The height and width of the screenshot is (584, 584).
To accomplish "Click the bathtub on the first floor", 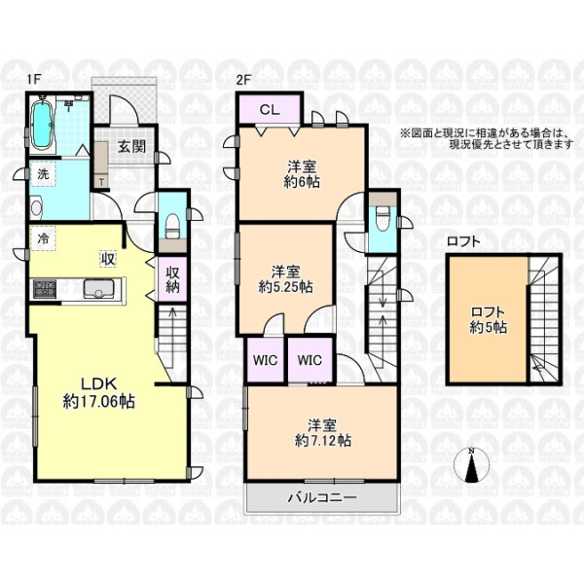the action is pos(42,125).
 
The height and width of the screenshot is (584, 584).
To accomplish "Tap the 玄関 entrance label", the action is pos(131,146).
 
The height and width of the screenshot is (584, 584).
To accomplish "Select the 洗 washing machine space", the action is pos(43,174).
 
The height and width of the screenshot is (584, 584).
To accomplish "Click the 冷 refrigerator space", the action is pos(43,238).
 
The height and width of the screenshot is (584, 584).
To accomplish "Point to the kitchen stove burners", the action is pos(45,288).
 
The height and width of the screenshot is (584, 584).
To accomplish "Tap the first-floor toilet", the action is pos(172,226).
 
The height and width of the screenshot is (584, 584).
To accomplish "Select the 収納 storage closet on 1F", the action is pos(172,279).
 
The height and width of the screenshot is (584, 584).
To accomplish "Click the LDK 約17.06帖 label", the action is pos(99,392).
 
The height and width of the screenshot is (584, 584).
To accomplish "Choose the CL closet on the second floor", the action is pos(270,109).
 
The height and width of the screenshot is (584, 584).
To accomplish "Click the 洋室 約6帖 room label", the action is pos(302,174).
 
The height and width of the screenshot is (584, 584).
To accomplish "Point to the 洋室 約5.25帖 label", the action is pos(285,279).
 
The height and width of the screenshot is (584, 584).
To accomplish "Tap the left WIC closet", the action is pos(266,360).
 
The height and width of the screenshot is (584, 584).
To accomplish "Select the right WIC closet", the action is pos(310,360).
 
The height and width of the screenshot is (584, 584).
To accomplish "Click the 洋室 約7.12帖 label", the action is pos(322,433).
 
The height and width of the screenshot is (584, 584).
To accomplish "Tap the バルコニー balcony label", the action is pos(322,497).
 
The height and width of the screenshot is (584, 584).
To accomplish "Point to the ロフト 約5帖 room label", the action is pos(488,320).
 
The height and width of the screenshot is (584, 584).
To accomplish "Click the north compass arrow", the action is pos(472,465).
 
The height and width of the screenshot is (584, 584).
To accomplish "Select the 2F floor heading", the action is pos(244,80).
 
